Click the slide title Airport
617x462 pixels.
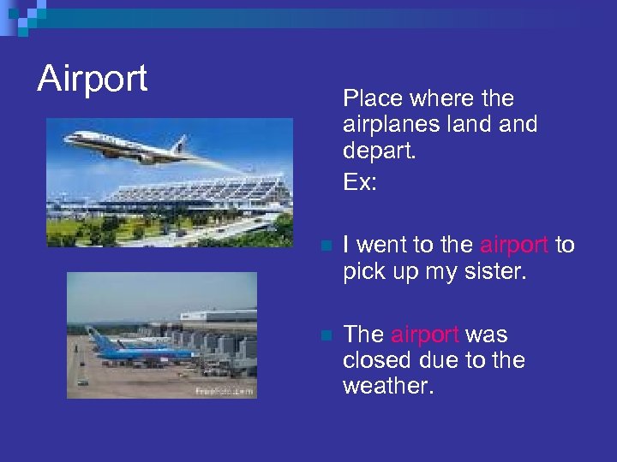[93, 79]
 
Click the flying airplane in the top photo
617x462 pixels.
[129, 146]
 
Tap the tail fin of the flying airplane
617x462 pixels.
[180, 143]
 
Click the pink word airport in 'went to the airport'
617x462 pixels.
[513, 246]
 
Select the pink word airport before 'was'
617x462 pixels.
[424, 335]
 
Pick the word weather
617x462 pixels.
[387, 386]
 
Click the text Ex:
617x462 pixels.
[359, 182]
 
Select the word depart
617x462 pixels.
[378, 151]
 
